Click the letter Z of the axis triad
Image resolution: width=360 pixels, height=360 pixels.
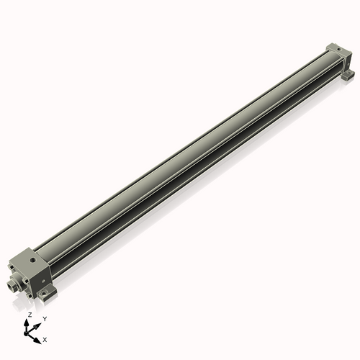pos(30,315)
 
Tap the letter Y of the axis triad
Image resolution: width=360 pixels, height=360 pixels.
pos(45,318)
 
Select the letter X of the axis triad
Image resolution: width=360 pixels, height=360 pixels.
pos(45,338)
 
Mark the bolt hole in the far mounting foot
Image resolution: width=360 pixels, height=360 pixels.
pos(350,74)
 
